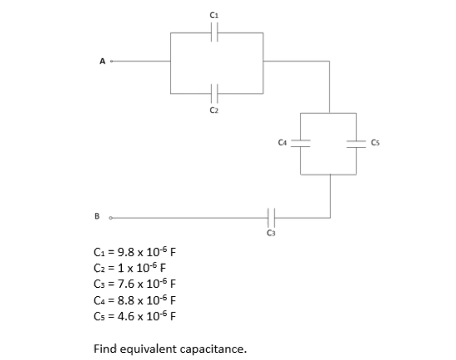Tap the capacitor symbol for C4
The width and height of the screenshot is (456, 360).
click(300, 143)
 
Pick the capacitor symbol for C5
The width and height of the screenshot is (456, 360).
click(356, 143)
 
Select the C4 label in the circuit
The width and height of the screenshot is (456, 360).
click(282, 141)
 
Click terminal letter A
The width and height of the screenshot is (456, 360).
click(103, 62)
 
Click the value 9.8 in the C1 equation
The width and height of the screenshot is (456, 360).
click(119, 250)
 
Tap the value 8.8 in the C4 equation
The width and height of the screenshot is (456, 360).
click(119, 299)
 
